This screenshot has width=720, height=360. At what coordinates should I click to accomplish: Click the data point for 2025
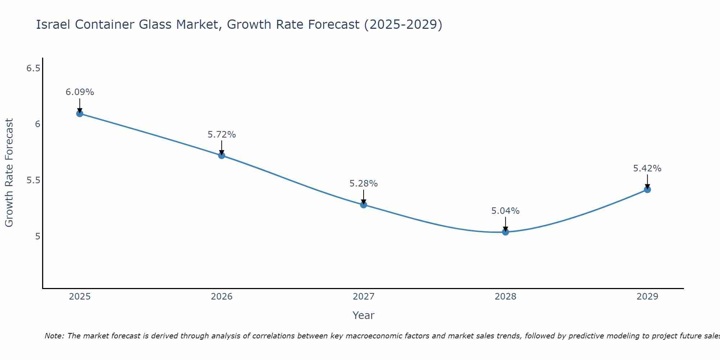point(80,113)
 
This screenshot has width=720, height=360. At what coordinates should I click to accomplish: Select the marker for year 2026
point(222,156)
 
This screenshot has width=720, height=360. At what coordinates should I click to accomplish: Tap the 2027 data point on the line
point(364,205)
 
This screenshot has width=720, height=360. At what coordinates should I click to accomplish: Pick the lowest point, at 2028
point(505,232)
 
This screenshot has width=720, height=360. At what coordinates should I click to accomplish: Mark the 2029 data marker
point(647,189)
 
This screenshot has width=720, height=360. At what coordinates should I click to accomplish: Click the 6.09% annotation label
point(80,92)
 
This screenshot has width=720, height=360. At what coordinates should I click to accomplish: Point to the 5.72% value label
point(222,135)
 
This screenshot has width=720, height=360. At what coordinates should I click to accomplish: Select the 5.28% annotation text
point(364,184)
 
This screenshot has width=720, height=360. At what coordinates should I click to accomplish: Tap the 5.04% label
point(505,211)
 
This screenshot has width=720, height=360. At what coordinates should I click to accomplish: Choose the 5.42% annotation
point(647,168)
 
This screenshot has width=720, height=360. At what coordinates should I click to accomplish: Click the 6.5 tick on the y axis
point(33,68)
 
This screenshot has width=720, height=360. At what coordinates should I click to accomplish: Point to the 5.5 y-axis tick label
point(33,180)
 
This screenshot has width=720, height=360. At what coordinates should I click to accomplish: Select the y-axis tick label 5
point(37,237)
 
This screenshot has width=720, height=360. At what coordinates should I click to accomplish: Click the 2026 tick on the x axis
point(222,297)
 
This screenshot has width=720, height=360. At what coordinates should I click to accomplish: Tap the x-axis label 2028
point(505,297)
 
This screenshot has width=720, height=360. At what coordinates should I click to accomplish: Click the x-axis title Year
point(364,315)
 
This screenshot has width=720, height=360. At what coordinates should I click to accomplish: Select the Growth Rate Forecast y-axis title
point(9,173)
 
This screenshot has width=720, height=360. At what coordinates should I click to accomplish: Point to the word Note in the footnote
point(54,336)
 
